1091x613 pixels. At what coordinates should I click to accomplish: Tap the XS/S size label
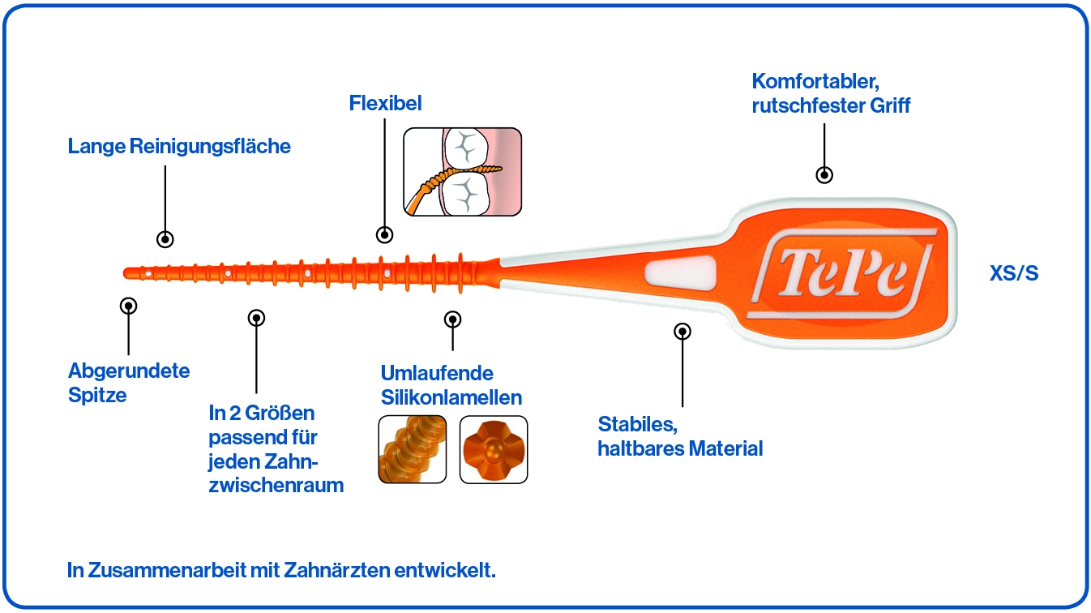[1013, 274]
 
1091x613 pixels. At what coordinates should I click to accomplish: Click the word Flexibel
[385, 104]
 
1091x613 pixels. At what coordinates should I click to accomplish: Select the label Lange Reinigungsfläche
[179, 147]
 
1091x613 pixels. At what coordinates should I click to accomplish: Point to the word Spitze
[97, 397]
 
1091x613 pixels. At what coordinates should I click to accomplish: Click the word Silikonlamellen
[451, 398]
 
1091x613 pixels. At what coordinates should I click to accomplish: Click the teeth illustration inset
[462, 170]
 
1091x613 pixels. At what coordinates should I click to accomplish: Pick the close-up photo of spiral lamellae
[413, 449]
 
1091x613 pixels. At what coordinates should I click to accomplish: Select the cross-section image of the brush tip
[493, 449]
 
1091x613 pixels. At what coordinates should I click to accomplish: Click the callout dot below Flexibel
[385, 235]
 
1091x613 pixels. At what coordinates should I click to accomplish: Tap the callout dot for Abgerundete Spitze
[128, 306]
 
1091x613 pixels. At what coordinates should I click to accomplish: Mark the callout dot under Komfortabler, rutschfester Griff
[824, 174]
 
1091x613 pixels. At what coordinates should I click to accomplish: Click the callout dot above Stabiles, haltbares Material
[682, 331]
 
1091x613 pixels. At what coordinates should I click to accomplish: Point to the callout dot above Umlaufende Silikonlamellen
[453, 319]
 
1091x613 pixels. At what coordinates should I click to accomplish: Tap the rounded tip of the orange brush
[128, 272]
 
